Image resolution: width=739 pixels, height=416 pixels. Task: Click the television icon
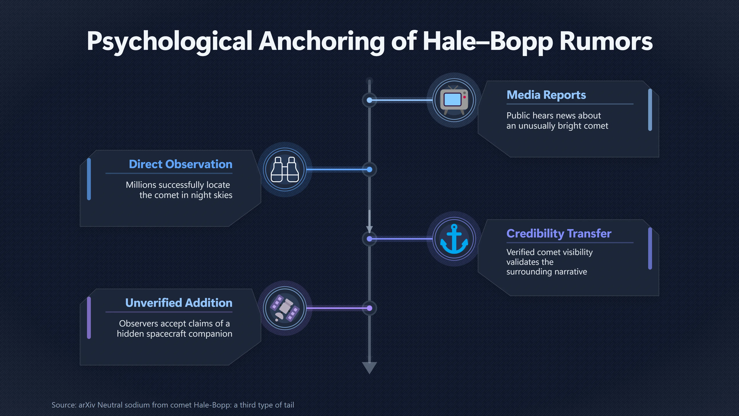(x=454, y=100)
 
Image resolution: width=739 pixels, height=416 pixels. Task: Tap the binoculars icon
(x=285, y=169)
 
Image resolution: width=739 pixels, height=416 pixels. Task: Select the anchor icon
(x=454, y=239)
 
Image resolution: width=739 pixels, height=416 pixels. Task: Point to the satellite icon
(x=285, y=308)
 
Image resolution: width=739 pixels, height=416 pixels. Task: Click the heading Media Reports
(x=546, y=95)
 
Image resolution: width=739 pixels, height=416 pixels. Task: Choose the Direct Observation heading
(x=181, y=164)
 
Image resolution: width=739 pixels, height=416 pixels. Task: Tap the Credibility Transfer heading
(x=559, y=233)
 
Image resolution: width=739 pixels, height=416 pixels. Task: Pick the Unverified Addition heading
(x=179, y=303)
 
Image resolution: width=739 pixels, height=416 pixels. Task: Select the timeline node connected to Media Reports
(x=369, y=100)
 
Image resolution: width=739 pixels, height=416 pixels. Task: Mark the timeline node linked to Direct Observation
(x=369, y=170)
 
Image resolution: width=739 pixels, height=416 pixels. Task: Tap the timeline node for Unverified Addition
(x=369, y=308)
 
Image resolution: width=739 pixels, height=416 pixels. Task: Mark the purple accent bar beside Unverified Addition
(x=89, y=318)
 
